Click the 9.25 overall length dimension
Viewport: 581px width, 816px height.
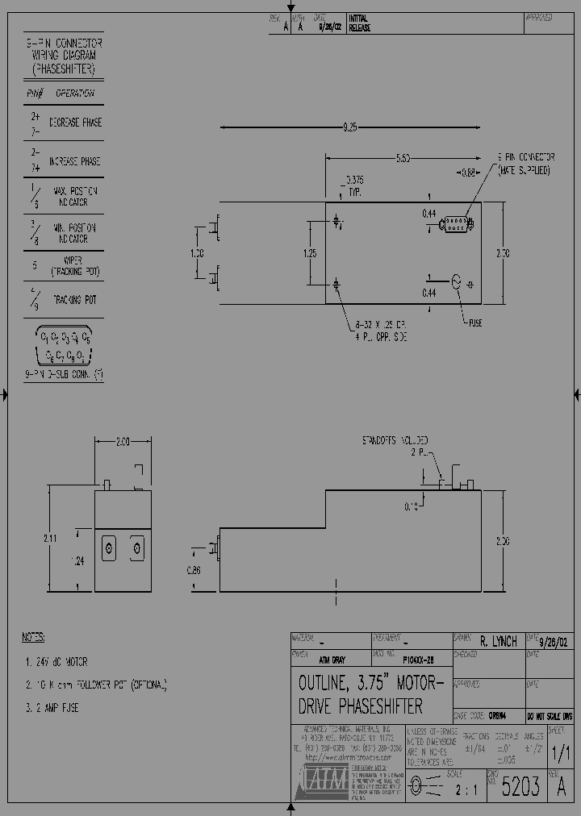click(349, 127)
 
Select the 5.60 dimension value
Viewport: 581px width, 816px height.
click(403, 158)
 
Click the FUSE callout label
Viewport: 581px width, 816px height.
click(476, 323)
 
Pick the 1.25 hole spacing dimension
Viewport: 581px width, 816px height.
click(310, 253)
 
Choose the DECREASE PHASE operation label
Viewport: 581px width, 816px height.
click(76, 123)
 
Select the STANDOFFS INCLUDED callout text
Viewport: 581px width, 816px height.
click(395, 441)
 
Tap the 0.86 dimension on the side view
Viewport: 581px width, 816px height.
click(193, 570)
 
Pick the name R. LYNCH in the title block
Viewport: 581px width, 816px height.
click(498, 642)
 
